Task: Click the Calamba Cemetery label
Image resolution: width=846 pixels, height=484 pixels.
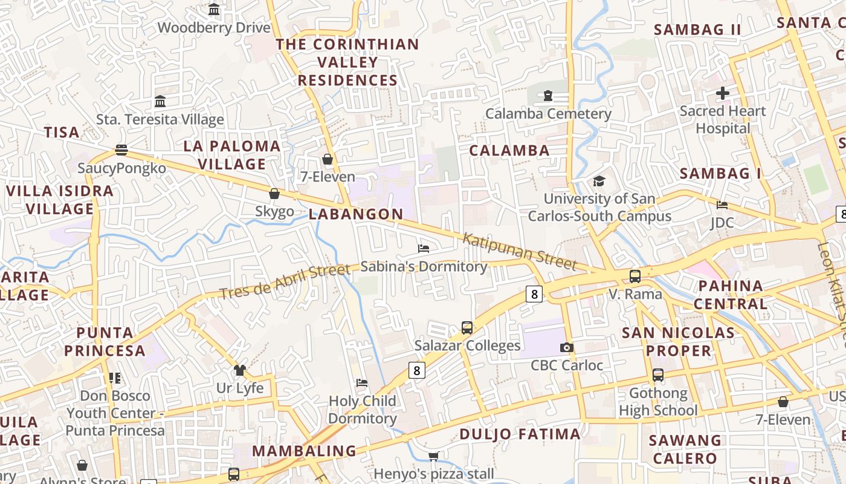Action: click(x=548, y=114)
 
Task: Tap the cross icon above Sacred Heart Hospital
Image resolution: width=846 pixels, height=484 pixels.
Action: click(x=722, y=93)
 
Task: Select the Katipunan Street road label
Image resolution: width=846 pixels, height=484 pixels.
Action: click(x=519, y=250)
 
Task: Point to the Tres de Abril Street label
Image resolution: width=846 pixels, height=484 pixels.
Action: click(x=285, y=281)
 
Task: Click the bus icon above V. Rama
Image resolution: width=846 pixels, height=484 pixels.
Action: click(x=635, y=276)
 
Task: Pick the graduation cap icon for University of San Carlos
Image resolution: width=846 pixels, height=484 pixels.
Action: click(x=599, y=181)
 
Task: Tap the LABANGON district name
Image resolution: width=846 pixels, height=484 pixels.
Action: click(x=356, y=214)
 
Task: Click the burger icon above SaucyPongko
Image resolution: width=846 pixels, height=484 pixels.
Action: click(x=121, y=150)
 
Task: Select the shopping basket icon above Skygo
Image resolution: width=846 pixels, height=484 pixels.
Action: click(x=274, y=194)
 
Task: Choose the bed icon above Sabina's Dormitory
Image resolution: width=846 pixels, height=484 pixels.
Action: click(x=424, y=248)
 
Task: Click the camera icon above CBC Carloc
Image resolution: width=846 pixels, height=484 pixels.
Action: click(x=566, y=347)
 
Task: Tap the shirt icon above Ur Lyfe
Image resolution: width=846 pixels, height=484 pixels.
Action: click(x=240, y=370)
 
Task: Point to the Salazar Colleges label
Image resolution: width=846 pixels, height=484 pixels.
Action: click(x=467, y=345)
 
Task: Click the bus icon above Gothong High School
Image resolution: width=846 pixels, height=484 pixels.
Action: click(x=658, y=375)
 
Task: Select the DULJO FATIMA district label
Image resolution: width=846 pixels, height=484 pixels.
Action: click(x=520, y=434)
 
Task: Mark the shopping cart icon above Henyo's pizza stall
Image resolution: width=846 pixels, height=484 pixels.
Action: click(x=433, y=456)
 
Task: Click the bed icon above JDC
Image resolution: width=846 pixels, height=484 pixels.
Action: click(x=722, y=205)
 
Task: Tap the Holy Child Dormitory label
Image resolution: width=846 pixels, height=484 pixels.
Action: click(x=363, y=410)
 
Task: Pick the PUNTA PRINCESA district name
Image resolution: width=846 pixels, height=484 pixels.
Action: click(x=105, y=341)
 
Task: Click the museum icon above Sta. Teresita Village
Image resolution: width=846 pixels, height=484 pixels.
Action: click(x=160, y=101)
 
